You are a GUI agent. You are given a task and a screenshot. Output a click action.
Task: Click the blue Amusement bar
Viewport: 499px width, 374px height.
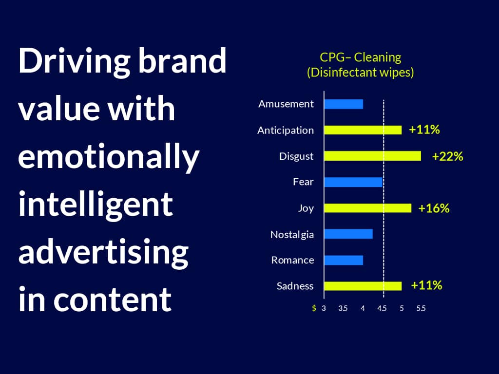[x=344, y=104]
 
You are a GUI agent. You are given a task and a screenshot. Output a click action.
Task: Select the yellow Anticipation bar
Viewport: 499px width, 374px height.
[x=363, y=130]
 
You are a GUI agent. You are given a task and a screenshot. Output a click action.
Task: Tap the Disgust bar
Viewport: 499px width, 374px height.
[x=373, y=156]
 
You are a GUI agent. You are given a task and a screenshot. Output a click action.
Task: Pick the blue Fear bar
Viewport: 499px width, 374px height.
[x=353, y=182]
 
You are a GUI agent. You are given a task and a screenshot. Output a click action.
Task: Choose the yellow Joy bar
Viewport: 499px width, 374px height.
[x=368, y=208]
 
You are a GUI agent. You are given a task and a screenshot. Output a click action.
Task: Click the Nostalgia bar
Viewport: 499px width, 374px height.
[x=348, y=234]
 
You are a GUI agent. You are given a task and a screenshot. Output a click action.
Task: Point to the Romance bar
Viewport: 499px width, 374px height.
[x=344, y=260]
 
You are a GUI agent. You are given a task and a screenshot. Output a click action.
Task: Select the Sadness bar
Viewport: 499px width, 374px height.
[x=363, y=286]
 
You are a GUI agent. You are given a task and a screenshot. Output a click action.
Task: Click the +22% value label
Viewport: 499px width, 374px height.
[x=447, y=156]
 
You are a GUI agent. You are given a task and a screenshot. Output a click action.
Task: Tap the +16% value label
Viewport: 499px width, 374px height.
[x=434, y=208]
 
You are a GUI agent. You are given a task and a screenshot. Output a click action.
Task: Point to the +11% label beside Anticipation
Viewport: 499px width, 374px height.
[x=424, y=130]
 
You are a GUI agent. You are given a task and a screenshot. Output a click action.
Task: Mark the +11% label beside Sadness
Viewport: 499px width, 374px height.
[x=426, y=285]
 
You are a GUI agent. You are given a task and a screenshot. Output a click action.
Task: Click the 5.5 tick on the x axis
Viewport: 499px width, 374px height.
[x=421, y=308]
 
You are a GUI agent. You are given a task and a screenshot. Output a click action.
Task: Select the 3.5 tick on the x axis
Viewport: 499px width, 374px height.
[x=343, y=308]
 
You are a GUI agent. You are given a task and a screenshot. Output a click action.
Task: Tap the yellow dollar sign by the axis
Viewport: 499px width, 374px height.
[x=314, y=308]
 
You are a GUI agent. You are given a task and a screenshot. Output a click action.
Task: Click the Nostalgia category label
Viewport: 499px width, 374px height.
[x=292, y=235]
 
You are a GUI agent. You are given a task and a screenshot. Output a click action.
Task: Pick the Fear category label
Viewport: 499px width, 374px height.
[x=303, y=182]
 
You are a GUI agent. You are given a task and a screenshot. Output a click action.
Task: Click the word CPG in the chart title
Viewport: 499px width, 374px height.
[x=332, y=57]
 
